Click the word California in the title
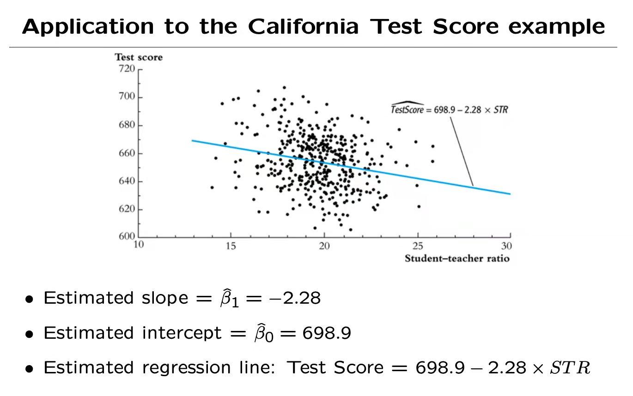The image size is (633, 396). click(303, 26)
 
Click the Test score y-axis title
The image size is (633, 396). click(139, 57)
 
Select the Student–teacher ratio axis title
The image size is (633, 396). click(457, 258)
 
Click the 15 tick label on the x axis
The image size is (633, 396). click(231, 246)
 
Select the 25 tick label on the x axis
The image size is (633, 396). click(417, 246)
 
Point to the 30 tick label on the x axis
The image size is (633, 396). click(507, 246)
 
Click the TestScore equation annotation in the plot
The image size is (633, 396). click(449, 110)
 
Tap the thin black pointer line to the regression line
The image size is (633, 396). click(462, 150)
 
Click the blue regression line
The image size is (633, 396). click(351, 167)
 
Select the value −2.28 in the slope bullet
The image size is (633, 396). click(295, 298)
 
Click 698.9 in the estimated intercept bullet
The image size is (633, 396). click(327, 333)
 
